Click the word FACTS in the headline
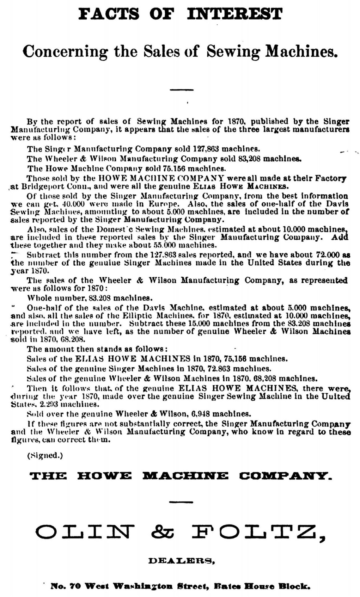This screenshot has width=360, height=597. [109, 14]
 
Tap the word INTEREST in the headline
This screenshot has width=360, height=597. [234, 14]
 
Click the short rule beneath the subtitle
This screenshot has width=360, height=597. [181, 90]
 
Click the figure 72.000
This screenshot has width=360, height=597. [325, 255]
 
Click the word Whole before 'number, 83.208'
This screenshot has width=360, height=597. [40, 298]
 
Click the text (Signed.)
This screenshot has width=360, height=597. [45, 456]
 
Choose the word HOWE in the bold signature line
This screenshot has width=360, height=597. [104, 476]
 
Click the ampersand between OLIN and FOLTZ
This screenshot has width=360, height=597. [163, 532]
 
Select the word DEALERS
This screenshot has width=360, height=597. [181, 561]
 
